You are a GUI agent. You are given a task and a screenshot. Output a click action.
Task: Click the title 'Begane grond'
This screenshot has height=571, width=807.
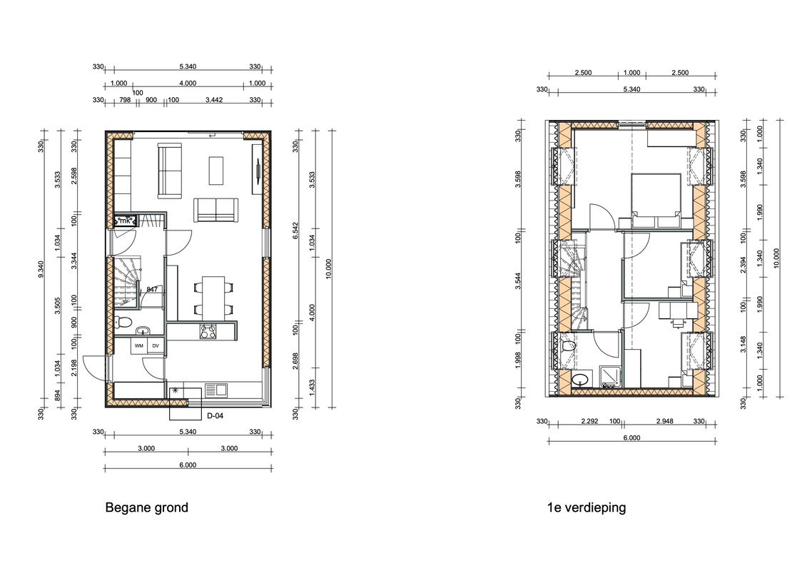[147, 507]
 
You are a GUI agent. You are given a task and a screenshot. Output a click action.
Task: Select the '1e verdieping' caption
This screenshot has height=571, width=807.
[587, 507]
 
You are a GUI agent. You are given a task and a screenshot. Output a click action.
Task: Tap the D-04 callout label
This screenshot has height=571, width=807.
[215, 415]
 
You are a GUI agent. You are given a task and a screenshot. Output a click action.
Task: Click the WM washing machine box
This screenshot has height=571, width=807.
[139, 346]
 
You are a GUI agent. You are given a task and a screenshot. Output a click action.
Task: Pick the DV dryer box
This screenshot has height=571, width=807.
[156, 346]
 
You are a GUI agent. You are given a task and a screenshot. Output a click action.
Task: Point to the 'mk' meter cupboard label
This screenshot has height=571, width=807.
[125, 221]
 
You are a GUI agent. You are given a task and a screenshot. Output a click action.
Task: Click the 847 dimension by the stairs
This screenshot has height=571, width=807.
[152, 289]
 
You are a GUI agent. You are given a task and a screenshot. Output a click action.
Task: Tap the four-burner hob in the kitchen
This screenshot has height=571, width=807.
[208, 331]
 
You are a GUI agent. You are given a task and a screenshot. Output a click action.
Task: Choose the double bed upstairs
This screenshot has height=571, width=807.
[656, 201]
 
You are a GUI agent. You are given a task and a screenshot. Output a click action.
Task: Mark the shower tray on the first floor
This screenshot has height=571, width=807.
[610, 378]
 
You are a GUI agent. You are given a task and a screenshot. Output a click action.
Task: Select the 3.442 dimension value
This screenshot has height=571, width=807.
[214, 100]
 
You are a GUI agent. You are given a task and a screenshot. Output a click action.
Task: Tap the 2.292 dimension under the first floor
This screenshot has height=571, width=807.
[589, 421]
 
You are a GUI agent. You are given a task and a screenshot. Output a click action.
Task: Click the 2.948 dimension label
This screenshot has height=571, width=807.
[664, 421]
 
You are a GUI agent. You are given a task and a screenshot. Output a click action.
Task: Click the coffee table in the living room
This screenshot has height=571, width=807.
[215, 171]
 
